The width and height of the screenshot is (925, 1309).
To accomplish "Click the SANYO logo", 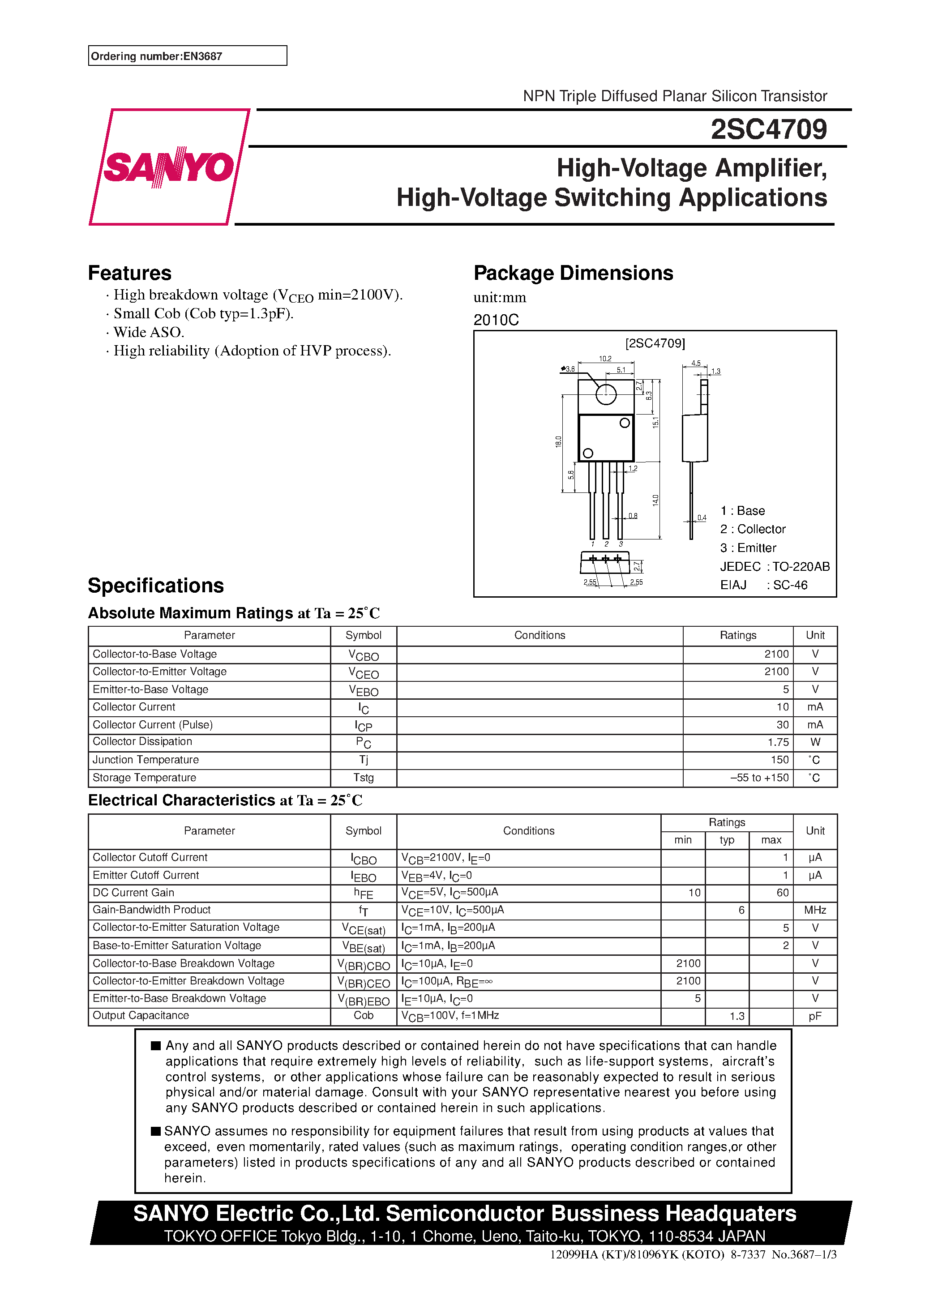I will (x=169, y=167).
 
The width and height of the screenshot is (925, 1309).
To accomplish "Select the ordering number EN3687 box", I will (x=187, y=56).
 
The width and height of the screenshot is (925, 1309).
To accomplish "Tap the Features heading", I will (x=129, y=273).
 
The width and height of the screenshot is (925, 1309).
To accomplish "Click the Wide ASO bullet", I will (x=148, y=332).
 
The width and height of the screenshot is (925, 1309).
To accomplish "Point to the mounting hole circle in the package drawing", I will (x=606, y=394).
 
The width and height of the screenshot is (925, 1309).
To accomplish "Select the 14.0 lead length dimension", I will (x=656, y=500).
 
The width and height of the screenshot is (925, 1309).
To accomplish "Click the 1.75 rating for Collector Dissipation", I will (x=778, y=742).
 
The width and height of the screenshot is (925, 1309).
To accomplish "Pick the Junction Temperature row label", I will (x=146, y=760).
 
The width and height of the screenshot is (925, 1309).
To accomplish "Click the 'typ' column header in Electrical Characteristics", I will (x=727, y=840).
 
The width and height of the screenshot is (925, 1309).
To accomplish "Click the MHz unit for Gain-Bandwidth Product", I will (x=814, y=911).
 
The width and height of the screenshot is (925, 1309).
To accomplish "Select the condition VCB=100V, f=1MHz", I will (x=450, y=1016).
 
